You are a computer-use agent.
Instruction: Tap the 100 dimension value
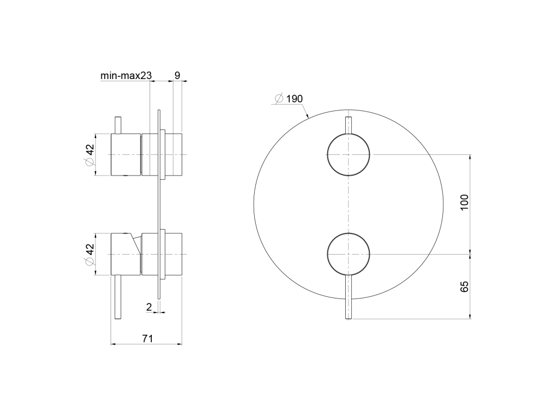464,202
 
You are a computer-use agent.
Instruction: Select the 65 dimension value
464,287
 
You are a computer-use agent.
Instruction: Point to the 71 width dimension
147,339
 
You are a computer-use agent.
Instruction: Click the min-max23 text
126,75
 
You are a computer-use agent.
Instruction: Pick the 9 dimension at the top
177,75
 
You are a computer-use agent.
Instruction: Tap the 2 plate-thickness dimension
149,307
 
